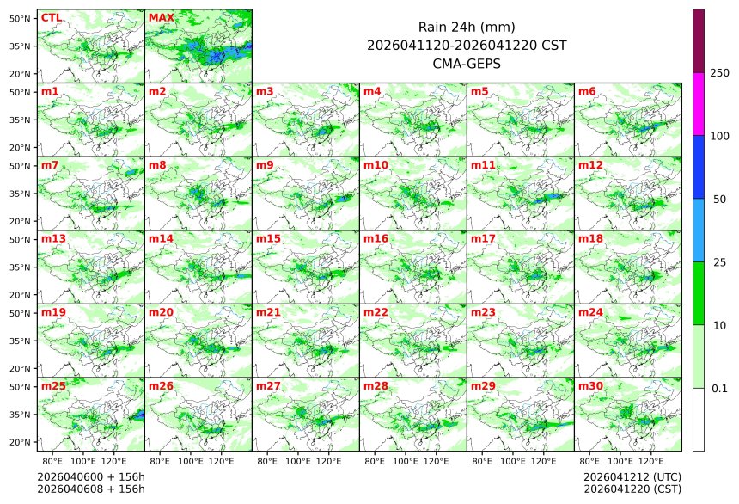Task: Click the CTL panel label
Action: pyautogui.click(x=51, y=17)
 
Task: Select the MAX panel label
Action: pyautogui.click(x=161, y=17)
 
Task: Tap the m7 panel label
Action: pyautogui.click(x=50, y=164)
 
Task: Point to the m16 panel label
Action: pyautogui.click(x=376, y=238)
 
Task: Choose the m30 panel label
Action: pyautogui.click(x=590, y=386)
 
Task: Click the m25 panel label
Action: pyautogui.click(x=53, y=386)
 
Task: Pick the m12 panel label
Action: pyautogui.click(x=590, y=164)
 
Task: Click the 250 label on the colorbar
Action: pyautogui.click(x=719, y=73)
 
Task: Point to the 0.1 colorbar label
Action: pyautogui.click(x=719, y=388)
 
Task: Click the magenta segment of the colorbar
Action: pyautogui.click(x=698, y=104)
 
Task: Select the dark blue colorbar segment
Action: pyautogui.click(x=698, y=167)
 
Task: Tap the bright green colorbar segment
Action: pyautogui.click(x=698, y=292)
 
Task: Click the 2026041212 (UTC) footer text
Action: pyautogui.click(x=632, y=476)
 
